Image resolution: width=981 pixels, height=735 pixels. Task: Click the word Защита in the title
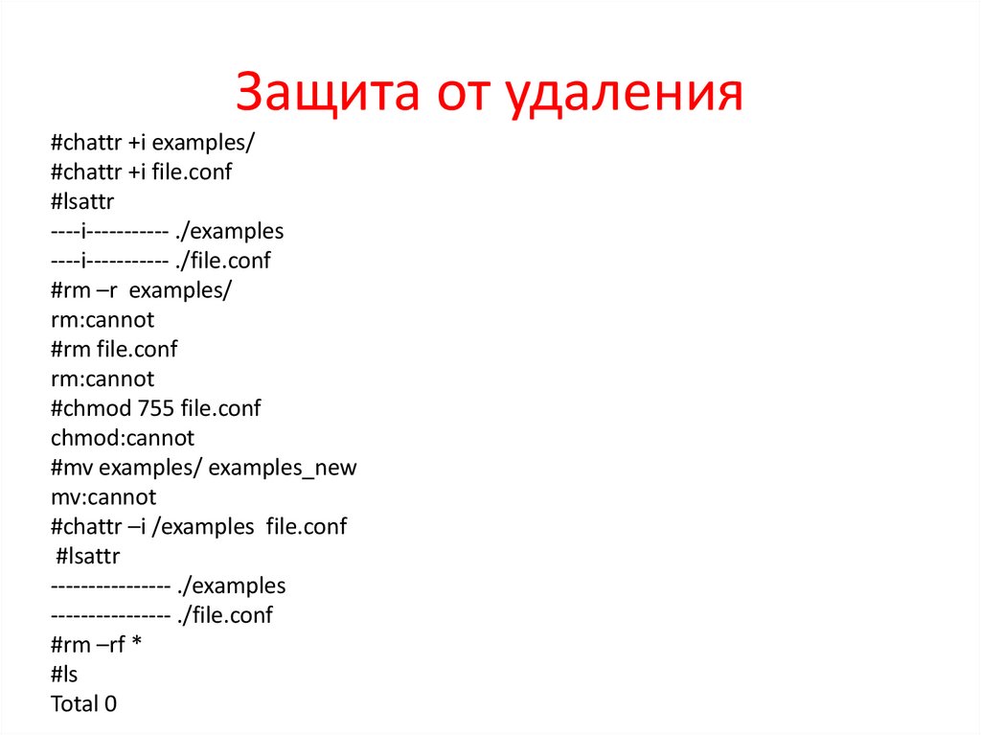click(x=331, y=95)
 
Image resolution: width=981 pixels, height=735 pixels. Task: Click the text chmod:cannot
click(x=123, y=438)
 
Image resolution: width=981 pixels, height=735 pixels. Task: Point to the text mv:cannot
click(x=103, y=497)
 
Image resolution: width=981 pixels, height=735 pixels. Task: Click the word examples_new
click(x=283, y=468)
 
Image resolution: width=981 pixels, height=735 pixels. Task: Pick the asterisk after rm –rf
click(x=136, y=645)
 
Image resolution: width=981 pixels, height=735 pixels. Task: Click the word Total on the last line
click(x=75, y=704)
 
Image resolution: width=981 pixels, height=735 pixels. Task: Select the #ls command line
click(x=65, y=675)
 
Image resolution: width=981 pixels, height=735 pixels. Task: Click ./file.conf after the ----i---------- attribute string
click(x=224, y=261)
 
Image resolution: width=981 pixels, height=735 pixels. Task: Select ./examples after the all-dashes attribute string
click(x=232, y=586)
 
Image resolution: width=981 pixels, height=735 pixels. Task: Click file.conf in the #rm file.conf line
click(x=137, y=349)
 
